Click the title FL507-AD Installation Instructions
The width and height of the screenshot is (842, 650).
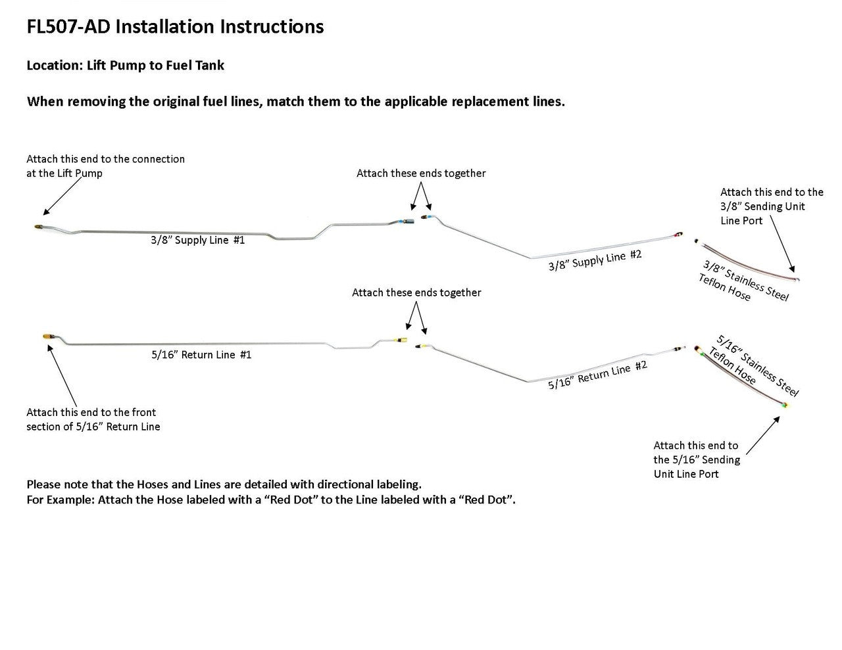click(x=175, y=27)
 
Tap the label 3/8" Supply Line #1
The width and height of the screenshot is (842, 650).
click(x=197, y=241)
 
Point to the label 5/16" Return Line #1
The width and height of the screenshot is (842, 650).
click(x=201, y=355)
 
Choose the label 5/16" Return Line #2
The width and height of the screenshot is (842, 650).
click(x=597, y=375)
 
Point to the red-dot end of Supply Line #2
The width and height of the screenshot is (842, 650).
click(x=678, y=234)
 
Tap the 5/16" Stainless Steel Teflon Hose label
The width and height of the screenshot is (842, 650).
click(x=753, y=365)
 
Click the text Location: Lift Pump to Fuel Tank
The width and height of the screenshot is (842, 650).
click(x=125, y=66)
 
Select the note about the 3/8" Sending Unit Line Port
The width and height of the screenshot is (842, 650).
click(x=771, y=206)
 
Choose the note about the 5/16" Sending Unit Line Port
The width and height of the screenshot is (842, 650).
click(x=696, y=459)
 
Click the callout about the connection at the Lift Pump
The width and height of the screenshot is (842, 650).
click(x=105, y=166)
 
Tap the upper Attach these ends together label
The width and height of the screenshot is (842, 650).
click(x=421, y=174)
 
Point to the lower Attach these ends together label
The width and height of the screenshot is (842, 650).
click(x=416, y=293)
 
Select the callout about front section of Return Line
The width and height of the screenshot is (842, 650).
click(x=93, y=419)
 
